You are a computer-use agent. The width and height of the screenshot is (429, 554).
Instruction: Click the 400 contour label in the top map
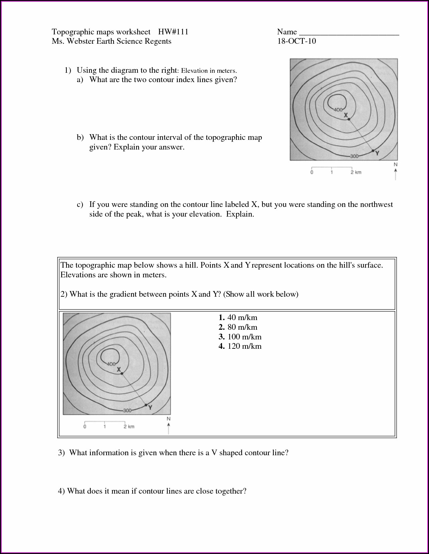coord(338,110)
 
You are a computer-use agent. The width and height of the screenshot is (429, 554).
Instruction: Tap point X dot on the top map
coord(349,119)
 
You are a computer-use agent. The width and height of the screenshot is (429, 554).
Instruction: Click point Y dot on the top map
coord(373,151)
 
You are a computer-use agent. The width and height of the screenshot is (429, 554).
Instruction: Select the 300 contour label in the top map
coord(354,156)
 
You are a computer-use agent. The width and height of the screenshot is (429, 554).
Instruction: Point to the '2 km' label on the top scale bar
coord(356,172)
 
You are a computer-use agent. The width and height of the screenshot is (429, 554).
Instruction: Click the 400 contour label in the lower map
coord(111,364)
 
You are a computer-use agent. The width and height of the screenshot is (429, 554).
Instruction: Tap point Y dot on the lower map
coord(146,405)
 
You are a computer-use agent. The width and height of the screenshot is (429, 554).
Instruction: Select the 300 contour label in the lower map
coord(127,410)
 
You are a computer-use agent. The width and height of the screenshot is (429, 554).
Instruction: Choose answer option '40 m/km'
coord(242,317)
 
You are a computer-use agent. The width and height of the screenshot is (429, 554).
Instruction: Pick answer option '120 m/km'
coord(244,346)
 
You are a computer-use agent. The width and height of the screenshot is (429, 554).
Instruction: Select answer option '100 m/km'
coord(244,337)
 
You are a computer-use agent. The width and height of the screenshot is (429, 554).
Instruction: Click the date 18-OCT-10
coord(296,41)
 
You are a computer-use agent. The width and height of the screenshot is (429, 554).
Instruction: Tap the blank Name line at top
coord(349,32)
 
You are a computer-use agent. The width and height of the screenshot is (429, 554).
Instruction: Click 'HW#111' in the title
coord(173,32)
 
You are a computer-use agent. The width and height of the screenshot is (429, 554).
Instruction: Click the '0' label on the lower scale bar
coord(85,427)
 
